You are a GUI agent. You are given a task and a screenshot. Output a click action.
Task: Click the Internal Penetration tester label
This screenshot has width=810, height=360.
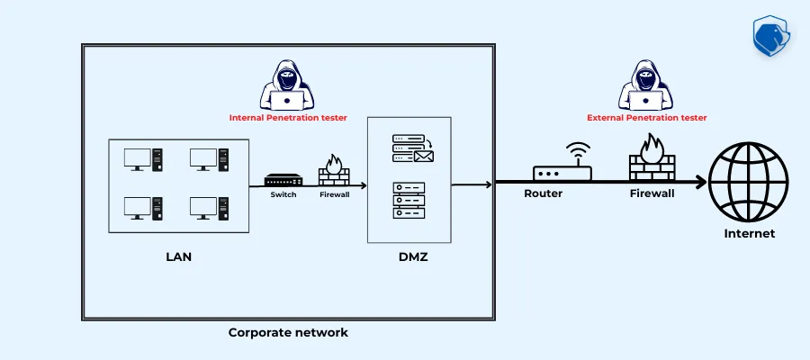click(288, 117)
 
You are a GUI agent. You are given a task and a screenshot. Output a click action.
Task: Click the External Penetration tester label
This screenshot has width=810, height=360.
click(646, 117)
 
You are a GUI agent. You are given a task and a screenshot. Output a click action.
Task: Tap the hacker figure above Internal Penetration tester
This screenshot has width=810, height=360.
click(288, 85)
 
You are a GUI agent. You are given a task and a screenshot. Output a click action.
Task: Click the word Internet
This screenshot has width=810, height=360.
click(749, 234)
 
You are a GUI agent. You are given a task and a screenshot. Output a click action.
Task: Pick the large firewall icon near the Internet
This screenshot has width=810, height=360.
click(651, 160)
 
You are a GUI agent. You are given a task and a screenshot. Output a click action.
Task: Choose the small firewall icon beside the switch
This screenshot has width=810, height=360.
click(334, 170)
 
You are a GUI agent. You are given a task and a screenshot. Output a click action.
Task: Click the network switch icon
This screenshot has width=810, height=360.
click(284, 180)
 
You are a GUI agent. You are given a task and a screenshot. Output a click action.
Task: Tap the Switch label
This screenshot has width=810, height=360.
click(283, 194)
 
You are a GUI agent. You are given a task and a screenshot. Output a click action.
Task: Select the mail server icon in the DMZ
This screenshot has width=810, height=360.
click(413, 149)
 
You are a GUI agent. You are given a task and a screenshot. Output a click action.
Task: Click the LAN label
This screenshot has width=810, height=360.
click(179, 257)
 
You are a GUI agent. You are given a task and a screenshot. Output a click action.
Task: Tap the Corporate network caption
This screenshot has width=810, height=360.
click(288, 333)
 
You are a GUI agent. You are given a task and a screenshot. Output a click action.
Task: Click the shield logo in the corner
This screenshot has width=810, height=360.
click(771, 34)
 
